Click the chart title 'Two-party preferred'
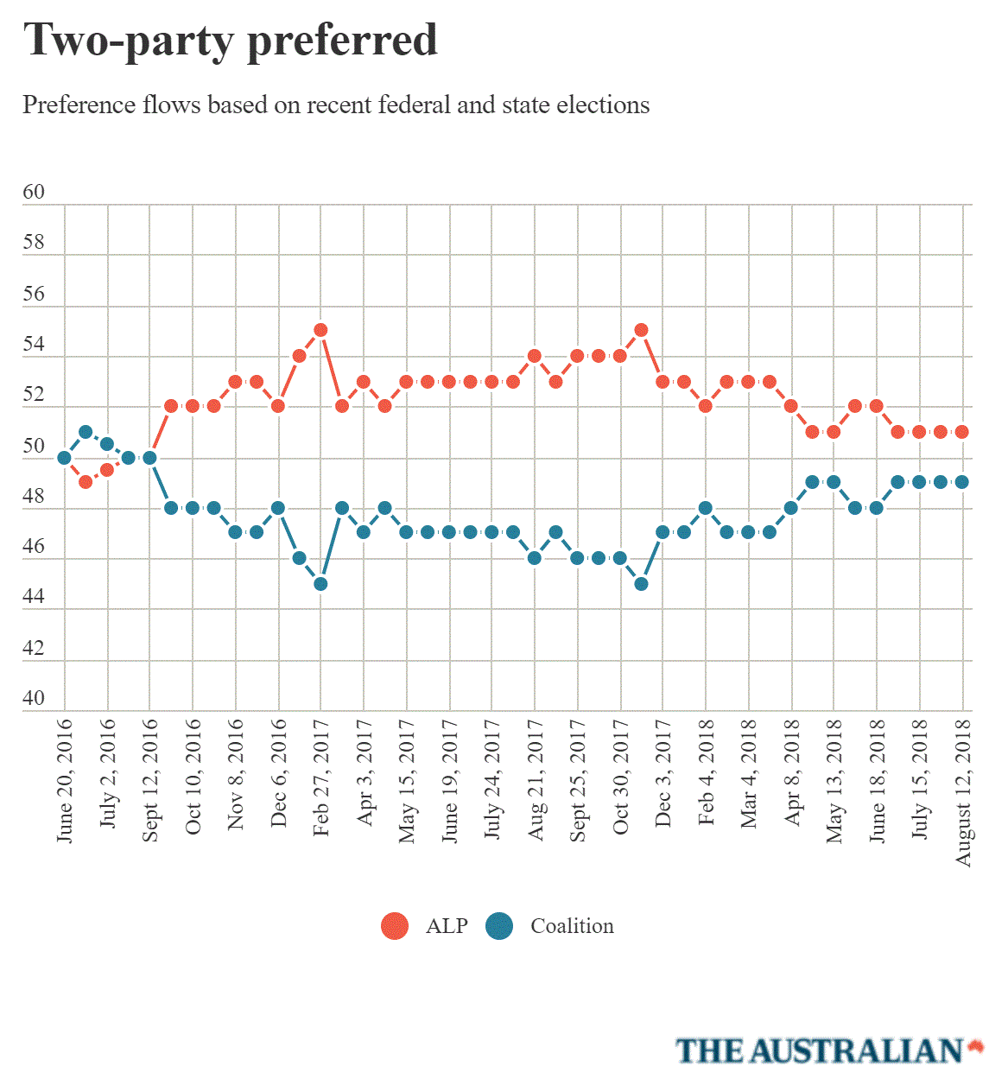(230, 41)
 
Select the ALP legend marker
(395, 926)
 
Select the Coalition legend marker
(499, 926)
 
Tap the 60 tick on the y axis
(34, 192)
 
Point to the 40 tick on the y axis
(34, 698)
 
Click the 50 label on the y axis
(34, 446)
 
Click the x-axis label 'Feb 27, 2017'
(321, 778)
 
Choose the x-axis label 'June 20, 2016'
(65, 780)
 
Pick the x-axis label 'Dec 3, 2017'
(663, 774)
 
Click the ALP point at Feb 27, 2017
(320, 330)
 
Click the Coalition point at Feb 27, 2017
(320, 584)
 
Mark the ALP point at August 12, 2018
(962, 432)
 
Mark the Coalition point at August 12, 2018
(962, 482)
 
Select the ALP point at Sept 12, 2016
(149, 458)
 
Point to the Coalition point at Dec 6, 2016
(278, 508)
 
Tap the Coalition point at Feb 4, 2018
(706, 508)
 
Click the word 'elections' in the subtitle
(603, 105)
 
